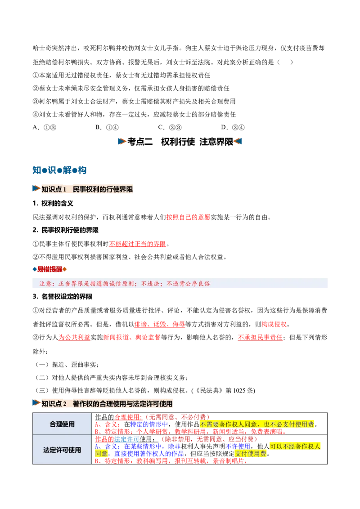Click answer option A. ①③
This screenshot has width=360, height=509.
click(45, 128)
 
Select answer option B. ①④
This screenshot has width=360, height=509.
click(107, 128)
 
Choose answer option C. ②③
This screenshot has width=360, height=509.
click(170, 128)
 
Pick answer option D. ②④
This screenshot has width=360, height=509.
click(233, 128)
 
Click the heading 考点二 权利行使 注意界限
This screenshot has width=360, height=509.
click(180, 142)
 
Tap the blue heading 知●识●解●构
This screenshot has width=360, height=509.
click(59, 170)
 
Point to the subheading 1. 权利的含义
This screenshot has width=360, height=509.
click(53, 204)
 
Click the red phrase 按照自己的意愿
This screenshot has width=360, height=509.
click(188, 217)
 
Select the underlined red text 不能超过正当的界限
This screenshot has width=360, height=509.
click(137, 244)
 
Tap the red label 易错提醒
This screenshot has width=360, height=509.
click(49, 269)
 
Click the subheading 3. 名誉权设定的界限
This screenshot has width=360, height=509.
click(63, 297)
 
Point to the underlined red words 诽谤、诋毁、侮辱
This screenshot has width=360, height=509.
click(160, 324)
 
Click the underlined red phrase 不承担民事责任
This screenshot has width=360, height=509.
click(260, 338)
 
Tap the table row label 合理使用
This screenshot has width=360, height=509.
click(62, 424)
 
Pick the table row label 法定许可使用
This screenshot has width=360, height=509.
click(62, 450)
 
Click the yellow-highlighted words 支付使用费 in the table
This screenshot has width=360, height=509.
click(251, 454)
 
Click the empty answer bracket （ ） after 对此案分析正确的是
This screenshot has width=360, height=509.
click(285, 62)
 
